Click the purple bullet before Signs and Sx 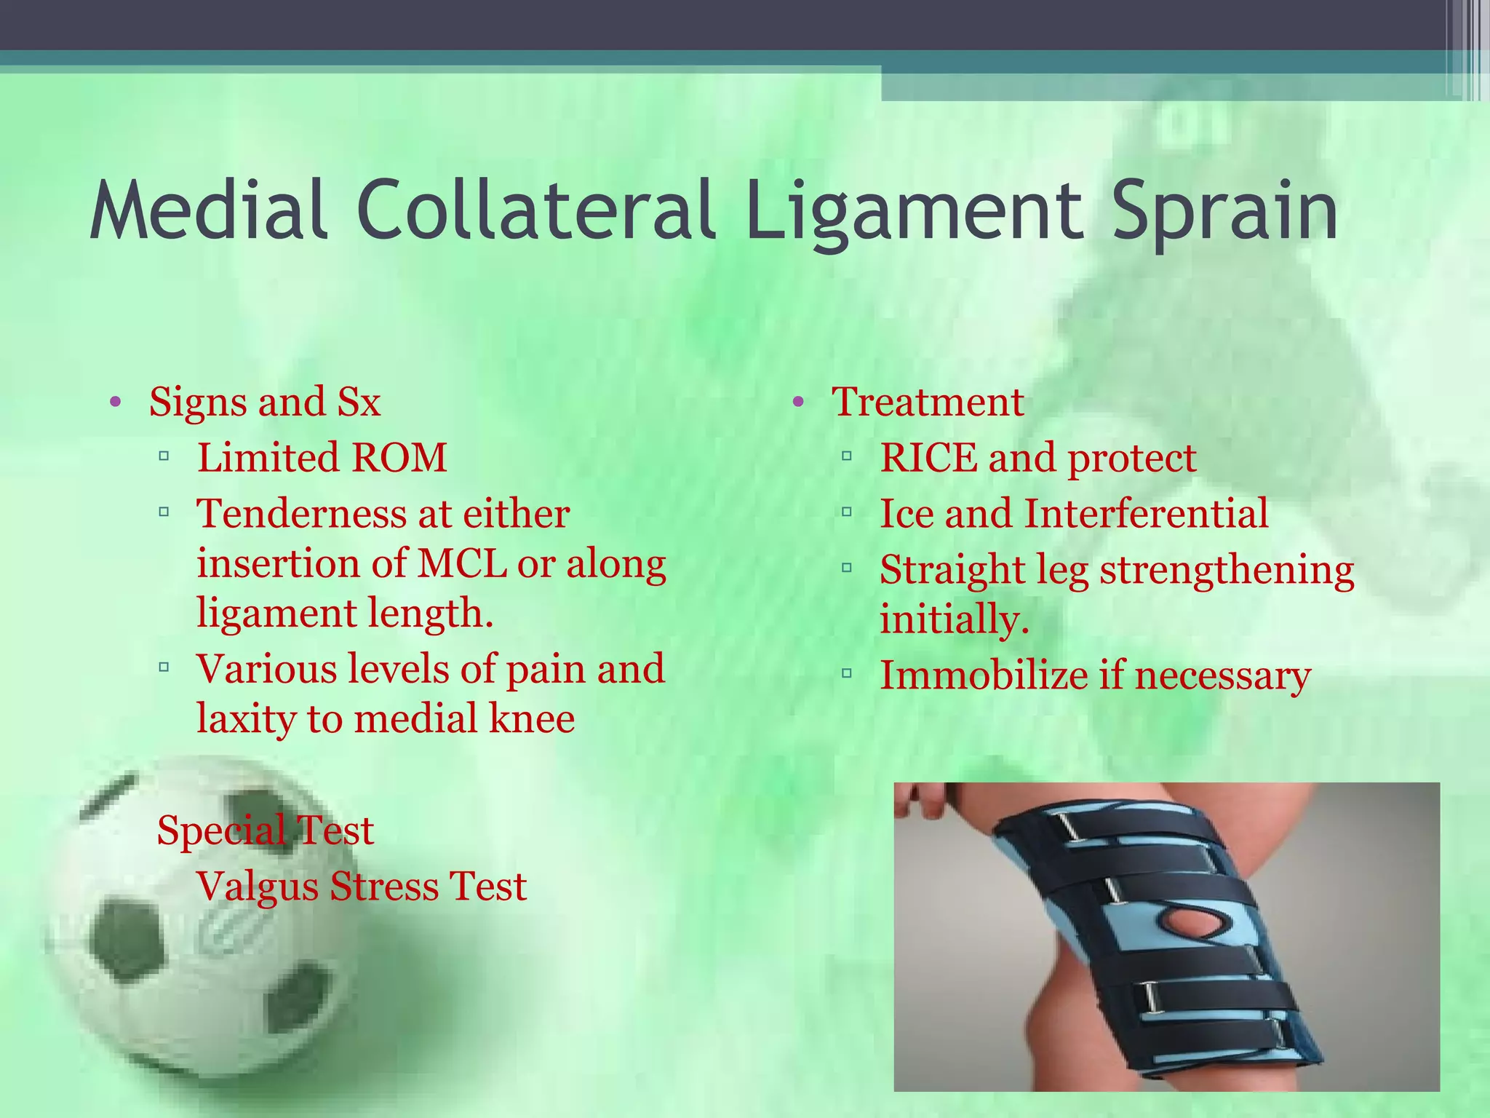(x=114, y=403)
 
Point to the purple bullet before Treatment (x=797, y=403)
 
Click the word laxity (x=244, y=719)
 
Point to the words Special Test (x=265, y=830)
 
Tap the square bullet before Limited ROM (x=164, y=457)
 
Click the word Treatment (x=928, y=402)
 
